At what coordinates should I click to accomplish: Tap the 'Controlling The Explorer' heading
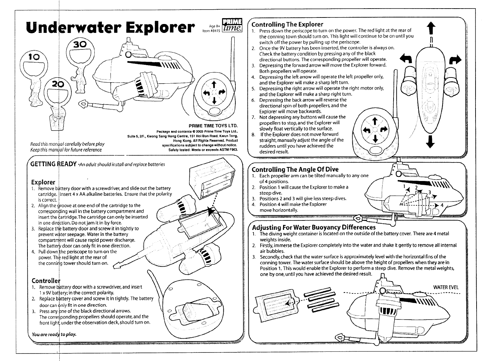pos(287,24)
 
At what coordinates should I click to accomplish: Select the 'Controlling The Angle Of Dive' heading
pos(295,169)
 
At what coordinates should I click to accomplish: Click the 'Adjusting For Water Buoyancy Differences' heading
pos(314,228)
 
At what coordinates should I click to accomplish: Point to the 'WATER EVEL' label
pos(446,287)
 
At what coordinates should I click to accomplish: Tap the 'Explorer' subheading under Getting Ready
pos(43,182)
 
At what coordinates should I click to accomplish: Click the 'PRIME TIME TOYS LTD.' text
pos(213,126)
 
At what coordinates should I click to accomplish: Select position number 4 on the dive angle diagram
pos(442,205)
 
